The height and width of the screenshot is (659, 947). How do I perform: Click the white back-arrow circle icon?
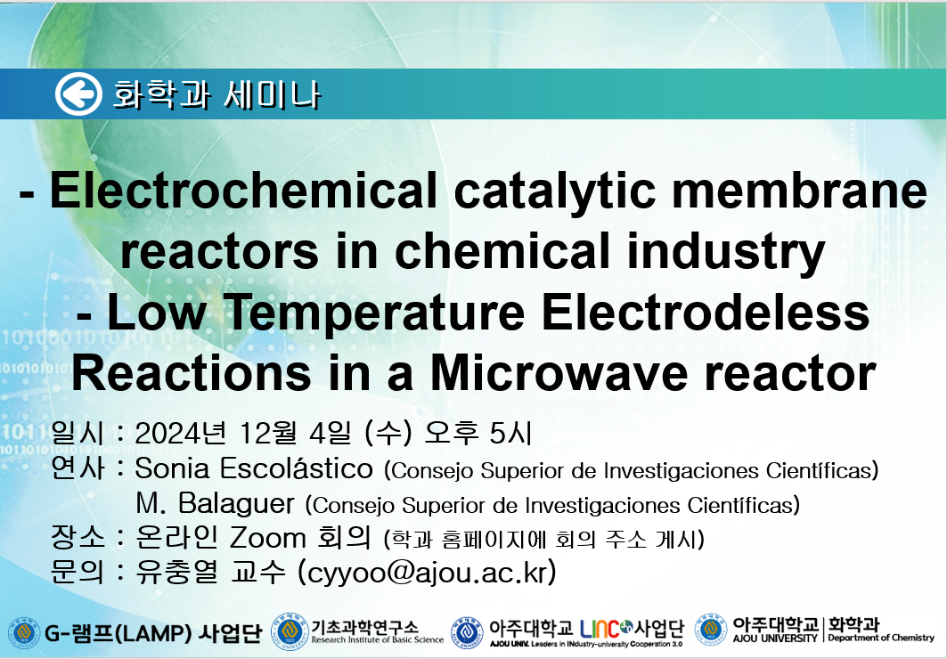point(78,94)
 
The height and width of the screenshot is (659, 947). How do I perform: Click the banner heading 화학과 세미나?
point(216,94)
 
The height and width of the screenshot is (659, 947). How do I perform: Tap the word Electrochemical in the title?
point(243,190)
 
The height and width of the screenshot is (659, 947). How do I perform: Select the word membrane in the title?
point(799,190)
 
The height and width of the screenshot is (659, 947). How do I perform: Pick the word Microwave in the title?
point(559,373)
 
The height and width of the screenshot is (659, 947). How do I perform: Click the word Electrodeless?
point(706,312)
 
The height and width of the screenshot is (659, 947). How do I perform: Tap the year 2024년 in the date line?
point(181,433)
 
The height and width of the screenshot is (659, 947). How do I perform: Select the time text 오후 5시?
point(478,433)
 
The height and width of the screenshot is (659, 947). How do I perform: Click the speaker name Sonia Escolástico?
point(254,468)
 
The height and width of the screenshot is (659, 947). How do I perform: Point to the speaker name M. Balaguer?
point(215,503)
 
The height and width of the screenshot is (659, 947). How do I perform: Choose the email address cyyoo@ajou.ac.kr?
point(427,572)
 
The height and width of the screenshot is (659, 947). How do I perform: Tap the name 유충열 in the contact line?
point(176,572)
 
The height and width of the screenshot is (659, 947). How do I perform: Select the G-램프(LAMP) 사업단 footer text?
point(153,633)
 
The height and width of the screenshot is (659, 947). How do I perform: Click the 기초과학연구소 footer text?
point(364,628)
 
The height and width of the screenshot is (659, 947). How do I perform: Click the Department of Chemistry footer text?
point(880,638)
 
